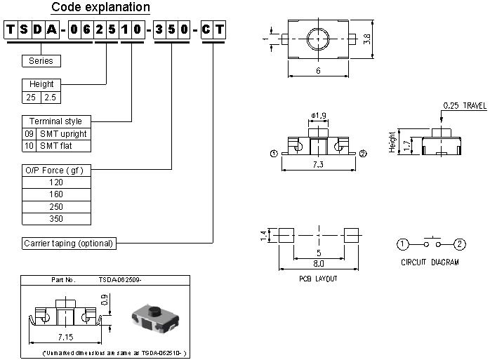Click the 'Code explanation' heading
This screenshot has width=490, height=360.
coord(100,8)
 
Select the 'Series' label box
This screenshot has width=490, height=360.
coord(41,61)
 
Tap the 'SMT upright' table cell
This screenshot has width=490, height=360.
coord(64,133)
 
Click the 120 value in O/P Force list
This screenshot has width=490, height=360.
coord(56,182)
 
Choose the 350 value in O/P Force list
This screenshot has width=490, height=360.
coord(56,218)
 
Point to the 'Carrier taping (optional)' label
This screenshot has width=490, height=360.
coord(68,244)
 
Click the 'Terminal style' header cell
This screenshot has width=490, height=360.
coord(55,121)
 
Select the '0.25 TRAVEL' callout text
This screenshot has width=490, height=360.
coord(464,106)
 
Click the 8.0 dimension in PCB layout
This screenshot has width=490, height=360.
coord(319,264)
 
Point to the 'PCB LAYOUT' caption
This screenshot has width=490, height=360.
coord(318,279)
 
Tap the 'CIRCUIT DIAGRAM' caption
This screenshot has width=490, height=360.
coord(430,262)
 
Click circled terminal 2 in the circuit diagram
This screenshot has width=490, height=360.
coord(459,244)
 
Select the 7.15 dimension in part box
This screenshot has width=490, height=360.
coord(68,338)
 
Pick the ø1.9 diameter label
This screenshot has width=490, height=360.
coord(319,115)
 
